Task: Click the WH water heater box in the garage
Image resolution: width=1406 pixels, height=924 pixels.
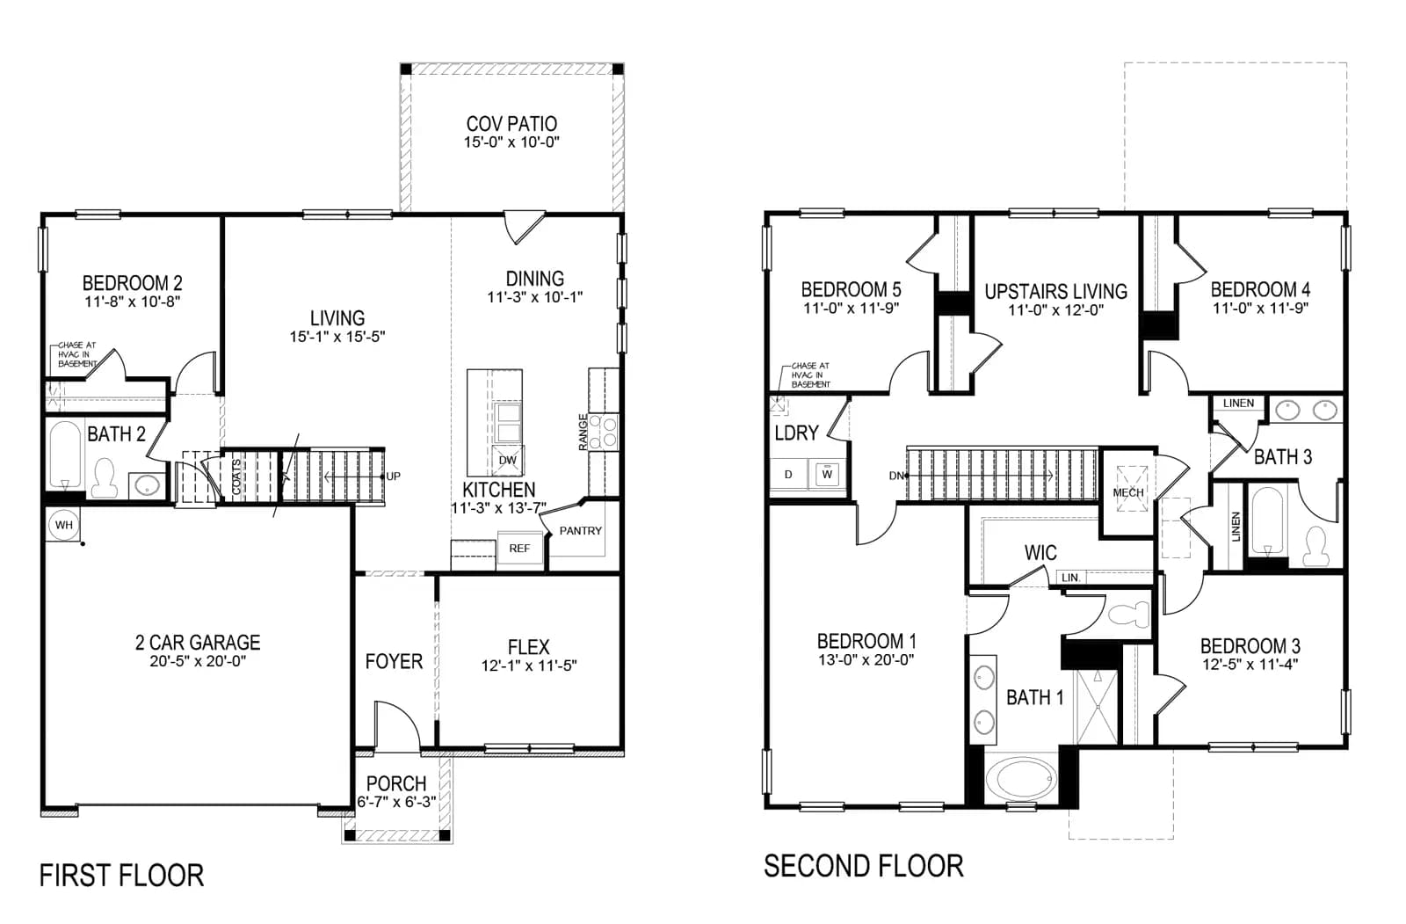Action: point(62,525)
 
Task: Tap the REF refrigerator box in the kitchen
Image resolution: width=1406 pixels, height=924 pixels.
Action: point(519,549)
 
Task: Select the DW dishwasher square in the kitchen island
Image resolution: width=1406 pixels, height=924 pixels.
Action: point(507,460)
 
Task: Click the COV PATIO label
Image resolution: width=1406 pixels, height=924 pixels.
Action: point(511,124)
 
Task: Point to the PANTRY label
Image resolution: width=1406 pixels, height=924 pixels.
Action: point(581,531)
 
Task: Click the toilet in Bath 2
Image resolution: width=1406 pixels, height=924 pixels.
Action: point(105,478)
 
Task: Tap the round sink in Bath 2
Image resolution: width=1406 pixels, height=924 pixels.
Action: point(147,485)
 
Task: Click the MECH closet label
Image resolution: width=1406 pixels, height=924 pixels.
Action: point(1128,493)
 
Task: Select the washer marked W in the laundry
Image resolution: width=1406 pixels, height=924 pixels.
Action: point(827,474)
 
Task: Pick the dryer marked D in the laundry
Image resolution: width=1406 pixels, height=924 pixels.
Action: point(788,474)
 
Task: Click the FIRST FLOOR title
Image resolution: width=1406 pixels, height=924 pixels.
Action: point(122,876)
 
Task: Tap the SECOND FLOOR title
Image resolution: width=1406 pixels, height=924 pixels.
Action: point(864,866)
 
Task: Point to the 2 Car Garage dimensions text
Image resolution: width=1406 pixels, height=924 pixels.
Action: point(198,661)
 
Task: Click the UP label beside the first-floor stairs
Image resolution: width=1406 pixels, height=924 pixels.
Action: point(393,477)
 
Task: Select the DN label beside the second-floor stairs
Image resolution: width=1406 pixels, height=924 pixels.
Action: point(896,477)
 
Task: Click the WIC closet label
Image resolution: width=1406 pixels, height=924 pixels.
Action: point(1040,553)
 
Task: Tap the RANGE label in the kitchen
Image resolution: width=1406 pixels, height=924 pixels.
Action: point(583,433)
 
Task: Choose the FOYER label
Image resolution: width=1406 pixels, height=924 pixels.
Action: point(394,661)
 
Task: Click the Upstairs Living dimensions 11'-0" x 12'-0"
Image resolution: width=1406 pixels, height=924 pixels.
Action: point(1055,309)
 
